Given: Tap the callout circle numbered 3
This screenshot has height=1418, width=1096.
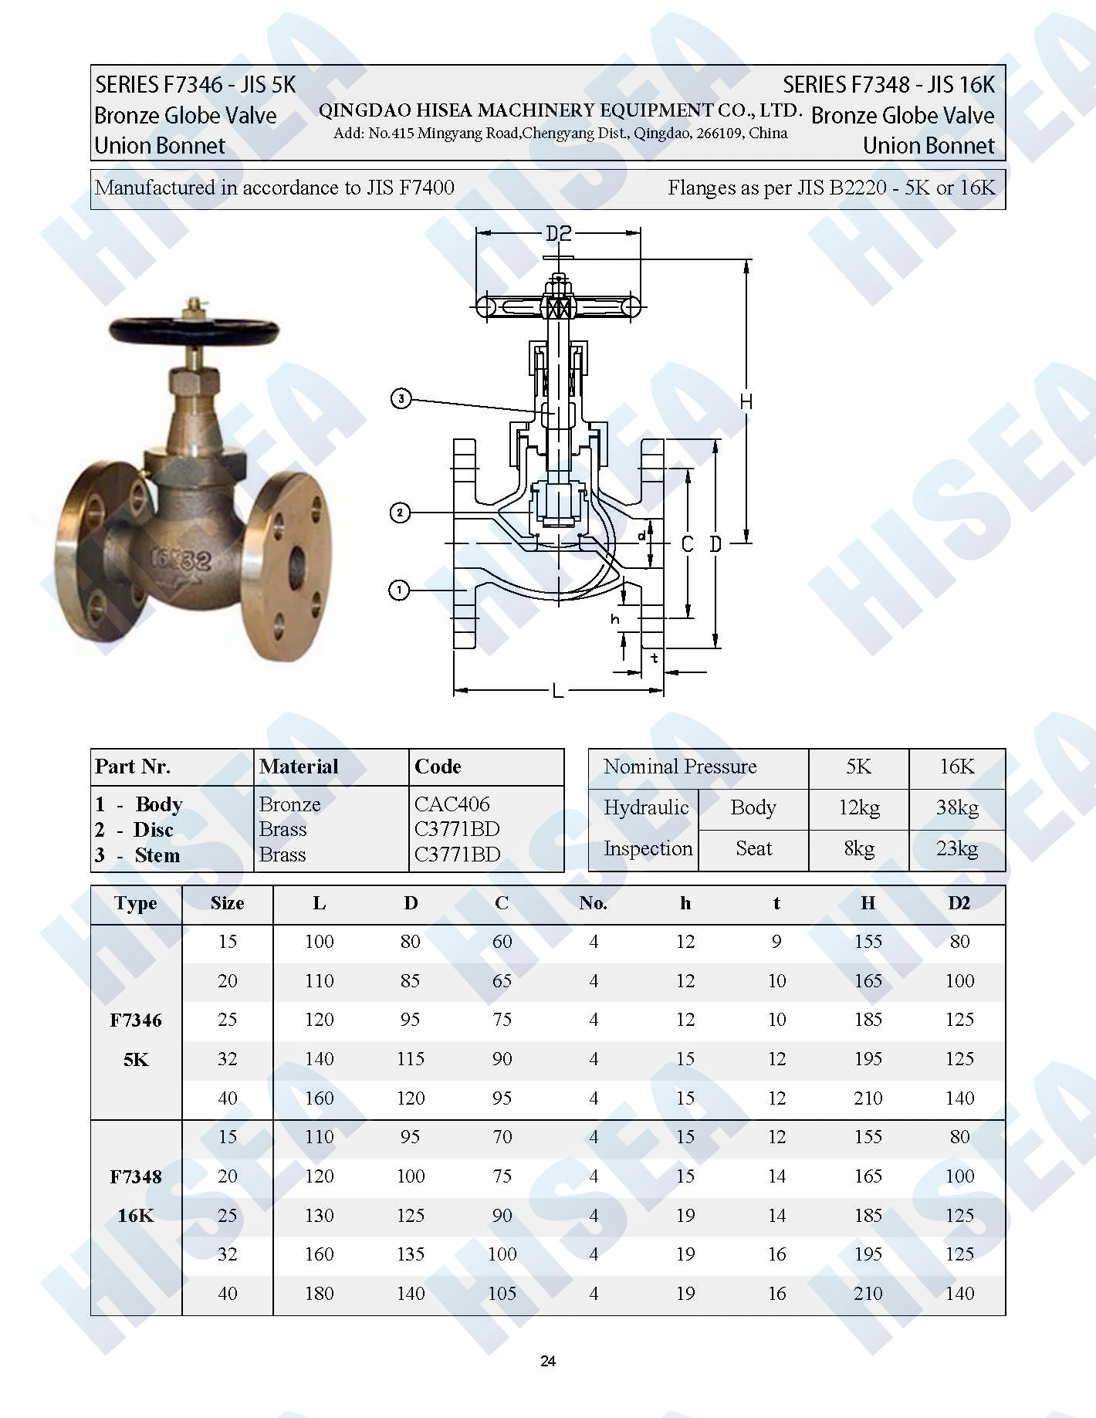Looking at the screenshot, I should point(401,399).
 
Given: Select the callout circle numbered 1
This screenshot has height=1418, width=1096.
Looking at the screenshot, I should point(399,591).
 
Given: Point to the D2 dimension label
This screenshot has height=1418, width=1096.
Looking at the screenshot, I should point(558,233).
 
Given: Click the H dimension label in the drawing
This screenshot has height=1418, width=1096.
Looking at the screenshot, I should point(746,401).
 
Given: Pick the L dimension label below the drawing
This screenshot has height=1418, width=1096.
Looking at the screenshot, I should point(558,691).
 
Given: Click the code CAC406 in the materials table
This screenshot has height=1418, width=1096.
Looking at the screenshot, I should point(452,804).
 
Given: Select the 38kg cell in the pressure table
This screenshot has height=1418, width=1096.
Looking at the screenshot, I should point(957,807).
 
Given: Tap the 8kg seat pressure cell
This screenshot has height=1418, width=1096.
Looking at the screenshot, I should point(858,849).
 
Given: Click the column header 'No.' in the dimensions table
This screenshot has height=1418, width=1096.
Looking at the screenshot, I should point(593,903).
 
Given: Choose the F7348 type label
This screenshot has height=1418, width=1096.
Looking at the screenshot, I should point(136,1176).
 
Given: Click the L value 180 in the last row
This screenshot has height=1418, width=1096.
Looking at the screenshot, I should point(319,1294).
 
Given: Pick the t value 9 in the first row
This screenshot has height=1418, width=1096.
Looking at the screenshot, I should point(776,942).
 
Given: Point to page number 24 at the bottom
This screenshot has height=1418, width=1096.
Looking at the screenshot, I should point(548,1361).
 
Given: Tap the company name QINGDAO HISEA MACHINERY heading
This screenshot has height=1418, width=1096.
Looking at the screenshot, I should point(560,110).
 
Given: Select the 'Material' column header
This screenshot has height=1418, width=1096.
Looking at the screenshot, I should point(299,767).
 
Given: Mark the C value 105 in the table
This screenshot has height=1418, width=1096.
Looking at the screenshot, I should point(502,1294).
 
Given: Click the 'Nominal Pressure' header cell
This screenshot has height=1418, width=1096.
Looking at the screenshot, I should point(679,767).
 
